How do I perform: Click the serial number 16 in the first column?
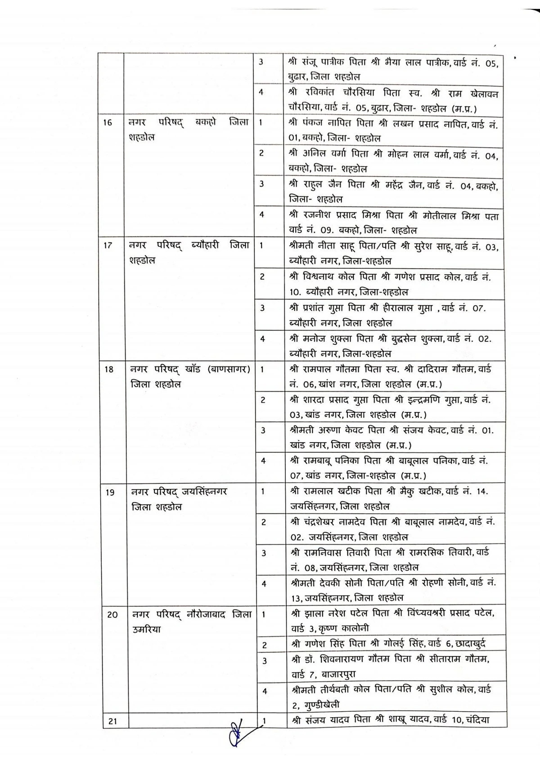point(108,122)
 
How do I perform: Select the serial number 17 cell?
point(108,246)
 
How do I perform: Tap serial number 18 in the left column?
point(109,369)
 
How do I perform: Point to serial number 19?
point(110,492)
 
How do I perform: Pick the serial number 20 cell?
point(112,614)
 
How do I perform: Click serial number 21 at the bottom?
point(112,721)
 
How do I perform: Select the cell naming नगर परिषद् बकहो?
point(188,129)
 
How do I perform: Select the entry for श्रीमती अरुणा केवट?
point(392,437)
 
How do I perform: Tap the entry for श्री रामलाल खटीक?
point(390,498)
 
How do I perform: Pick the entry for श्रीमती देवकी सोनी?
point(393,590)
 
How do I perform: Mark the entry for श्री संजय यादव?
point(390,720)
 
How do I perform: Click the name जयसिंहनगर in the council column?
point(202,492)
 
